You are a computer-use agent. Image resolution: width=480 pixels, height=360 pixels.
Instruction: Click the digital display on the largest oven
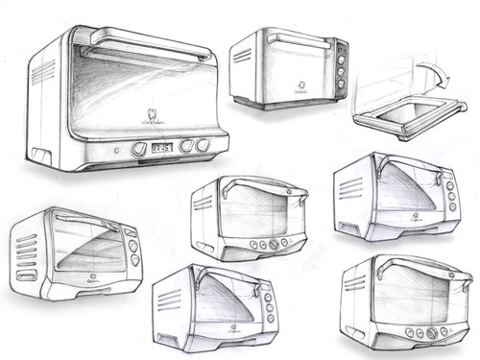pyautogui.click(x=161, y=149)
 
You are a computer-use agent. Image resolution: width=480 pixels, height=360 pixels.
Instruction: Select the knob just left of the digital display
pyautogui.click(x=139, y=150)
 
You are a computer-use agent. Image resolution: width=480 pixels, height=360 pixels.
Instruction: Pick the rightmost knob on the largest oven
pyautogui.click(x=204, y=145)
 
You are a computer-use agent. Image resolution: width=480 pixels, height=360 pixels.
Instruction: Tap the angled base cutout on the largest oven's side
pyautogui.click(x=39, y=155)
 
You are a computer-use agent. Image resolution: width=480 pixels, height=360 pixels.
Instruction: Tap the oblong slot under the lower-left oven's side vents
pyautogui.click(x=26, y=276)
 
